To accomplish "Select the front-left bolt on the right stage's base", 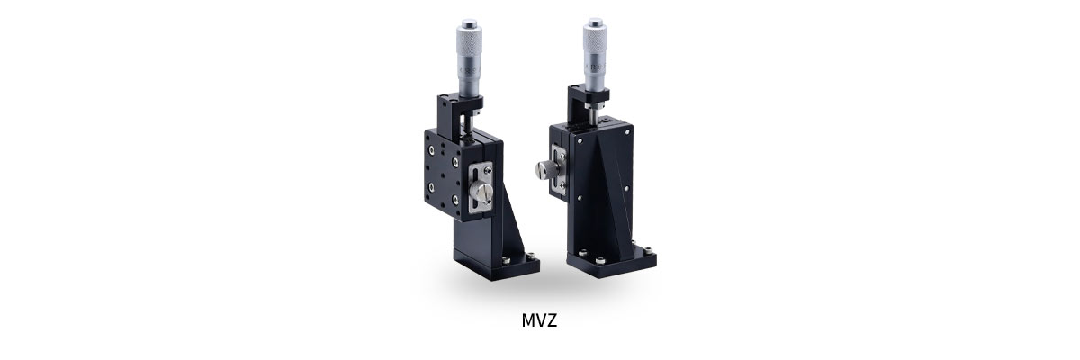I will (x=587, y=255).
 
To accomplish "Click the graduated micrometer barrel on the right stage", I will (x=594, y=72).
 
